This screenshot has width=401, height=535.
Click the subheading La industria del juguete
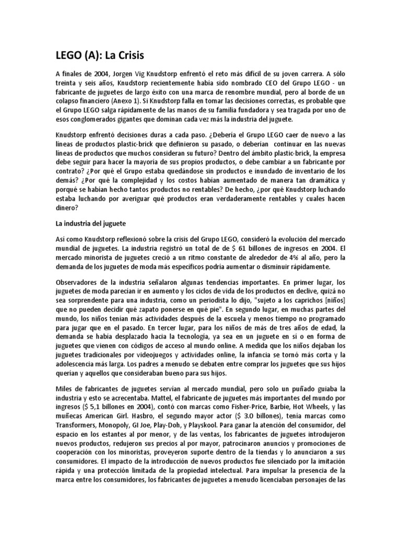click(x=92, y=223)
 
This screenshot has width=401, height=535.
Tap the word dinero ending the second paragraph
click(x=66, y=207)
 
